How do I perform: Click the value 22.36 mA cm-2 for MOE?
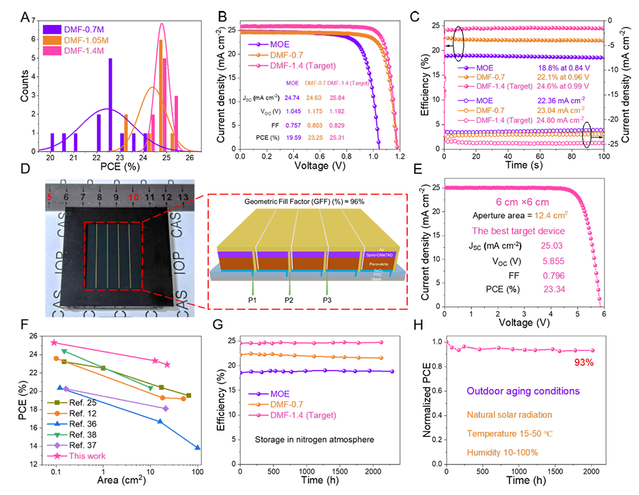(559, 99)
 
